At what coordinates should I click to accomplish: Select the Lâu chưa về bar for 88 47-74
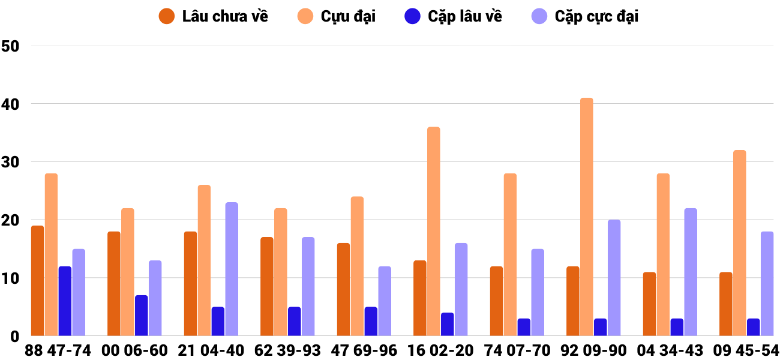point(37,281)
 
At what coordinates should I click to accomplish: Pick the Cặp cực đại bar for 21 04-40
point(232,269)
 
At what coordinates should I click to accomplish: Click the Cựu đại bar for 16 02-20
point(433,232)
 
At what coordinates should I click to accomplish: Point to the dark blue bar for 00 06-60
point(141,316)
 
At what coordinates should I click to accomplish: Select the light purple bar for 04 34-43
point(691,272)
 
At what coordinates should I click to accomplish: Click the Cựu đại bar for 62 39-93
point(280,272)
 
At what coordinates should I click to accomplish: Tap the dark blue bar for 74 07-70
point(524,327)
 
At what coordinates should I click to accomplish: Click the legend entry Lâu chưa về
point(224,16)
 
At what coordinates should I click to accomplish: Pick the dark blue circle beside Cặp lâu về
point(413,16)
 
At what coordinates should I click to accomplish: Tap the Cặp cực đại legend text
point(596,16)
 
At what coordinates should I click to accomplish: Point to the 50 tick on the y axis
point(11,46)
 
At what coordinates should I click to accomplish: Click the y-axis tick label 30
point(11,162)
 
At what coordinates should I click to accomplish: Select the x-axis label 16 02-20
point(440,350)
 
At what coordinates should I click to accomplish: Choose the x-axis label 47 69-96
point(364,350)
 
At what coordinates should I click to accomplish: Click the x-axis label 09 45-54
point(746,350)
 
